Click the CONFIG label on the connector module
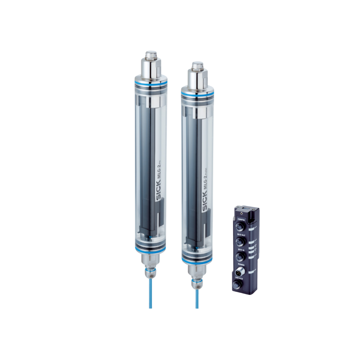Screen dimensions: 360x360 pos(241,220)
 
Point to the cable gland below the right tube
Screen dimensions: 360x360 pos(197,283)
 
